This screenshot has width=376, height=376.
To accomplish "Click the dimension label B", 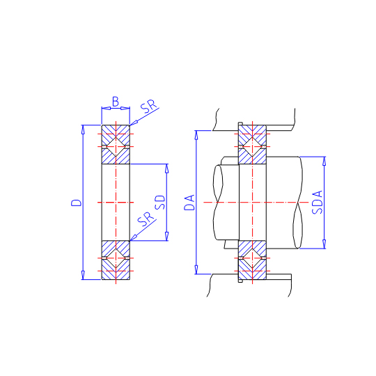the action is pyautogui.click(x=116, y=102).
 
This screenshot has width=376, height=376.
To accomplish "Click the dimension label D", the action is pyautogui.click(x=77, y=203).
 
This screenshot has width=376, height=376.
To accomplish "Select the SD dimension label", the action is pyautogui.click(x=160, y=203).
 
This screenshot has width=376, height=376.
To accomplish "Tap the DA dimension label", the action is pyautogui.click(x=189, y=203).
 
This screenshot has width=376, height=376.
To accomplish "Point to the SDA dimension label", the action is pyautogui.click(x=318, y=202).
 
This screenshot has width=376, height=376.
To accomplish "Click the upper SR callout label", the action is pyautogui.click(x=148, y=107).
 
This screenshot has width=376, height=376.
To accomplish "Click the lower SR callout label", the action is pyautogui.click(x=146, y=219).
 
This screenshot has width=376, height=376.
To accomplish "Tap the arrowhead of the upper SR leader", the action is pyautogui.click(x=133, y=123).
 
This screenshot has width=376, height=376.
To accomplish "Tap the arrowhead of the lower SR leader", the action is pyautogui.click(x=133, y=237).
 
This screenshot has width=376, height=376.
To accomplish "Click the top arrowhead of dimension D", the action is pyautogui.click(x=83, y=130).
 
